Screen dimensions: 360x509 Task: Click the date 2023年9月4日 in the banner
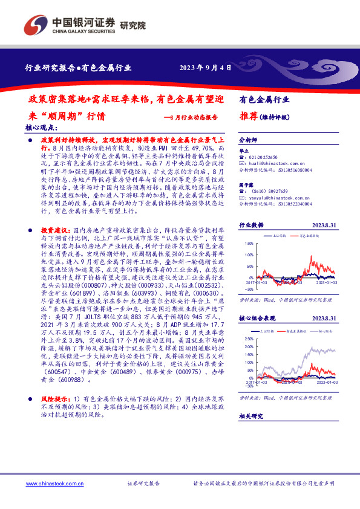pos(206,68)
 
